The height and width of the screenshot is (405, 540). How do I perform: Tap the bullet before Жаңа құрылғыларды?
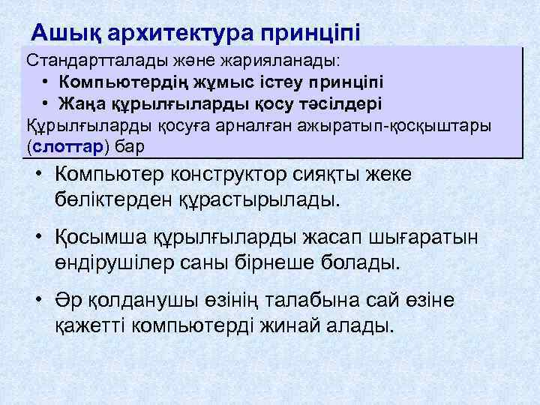(46, 103)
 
